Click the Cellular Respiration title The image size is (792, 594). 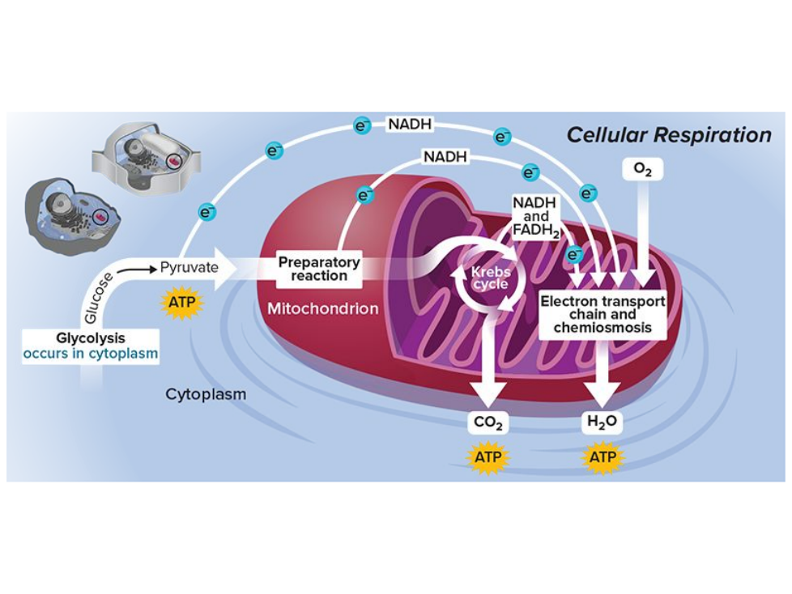pyautogui.click(x=668, y=134)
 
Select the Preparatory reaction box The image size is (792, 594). pyautogui.click(x=318, y=269)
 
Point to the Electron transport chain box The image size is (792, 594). pyautogui.click(x=603, y=314)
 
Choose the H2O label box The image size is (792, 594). pyautogui.click(x=603, y=422)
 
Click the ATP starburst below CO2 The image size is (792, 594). pyautogui.click(x=488, y=457)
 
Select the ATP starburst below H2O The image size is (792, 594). pyautogui.click(x=603, y=457)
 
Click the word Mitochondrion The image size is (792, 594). pyautogui.click(x=323, y=308)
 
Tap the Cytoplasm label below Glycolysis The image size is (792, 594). pyautogui.click(x=206, y=395)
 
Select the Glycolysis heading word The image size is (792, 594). pyautogui.click(x=91, y=337)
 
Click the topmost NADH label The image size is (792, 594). pyautogui.click(x=409, y=125)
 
